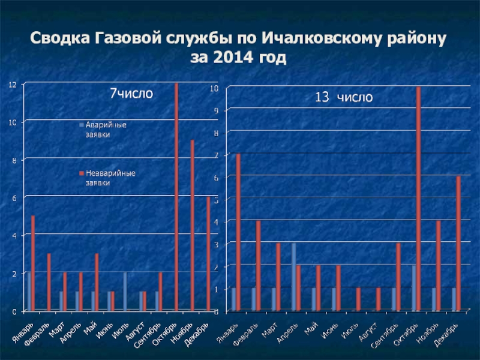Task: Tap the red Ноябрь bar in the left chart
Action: point(193,225)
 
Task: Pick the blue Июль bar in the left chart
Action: point(125,292)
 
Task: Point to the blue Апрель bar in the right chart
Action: point(294,277)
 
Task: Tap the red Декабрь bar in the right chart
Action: point(458,244)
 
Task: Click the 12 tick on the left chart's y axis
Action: point(11,85)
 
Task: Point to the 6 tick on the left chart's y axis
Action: point(13,197)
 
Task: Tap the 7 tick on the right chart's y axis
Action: point(216,155)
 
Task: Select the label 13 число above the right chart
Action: point(344,97)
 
